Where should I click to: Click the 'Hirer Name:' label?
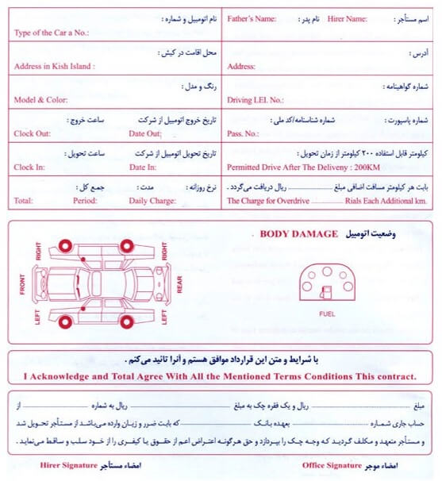[346, 17]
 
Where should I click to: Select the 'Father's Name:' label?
[252, 17]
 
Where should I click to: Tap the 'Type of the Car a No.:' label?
[52, 33]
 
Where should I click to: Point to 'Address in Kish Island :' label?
[54, 67]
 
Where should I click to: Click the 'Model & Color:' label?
[40, 100]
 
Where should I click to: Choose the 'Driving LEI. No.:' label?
[255, 100]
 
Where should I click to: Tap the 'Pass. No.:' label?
[243, 133]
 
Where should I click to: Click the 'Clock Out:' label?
[32, 133]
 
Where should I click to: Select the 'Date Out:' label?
[144, 133]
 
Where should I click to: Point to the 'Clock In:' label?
[29, 167]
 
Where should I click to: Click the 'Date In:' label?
[143, 167]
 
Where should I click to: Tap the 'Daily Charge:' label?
[152, 201]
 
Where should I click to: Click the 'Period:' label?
[85, 201]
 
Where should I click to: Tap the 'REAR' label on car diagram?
[179, 284]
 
